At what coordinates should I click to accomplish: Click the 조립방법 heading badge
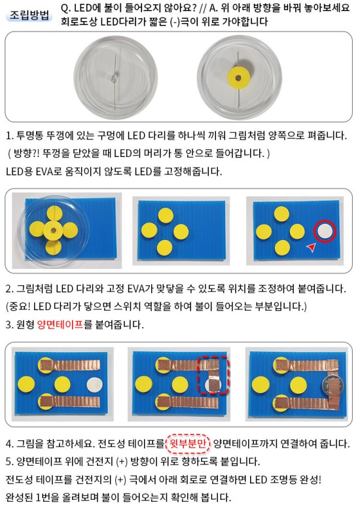29,15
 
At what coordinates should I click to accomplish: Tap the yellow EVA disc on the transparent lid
238,78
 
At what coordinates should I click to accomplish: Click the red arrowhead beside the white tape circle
311,248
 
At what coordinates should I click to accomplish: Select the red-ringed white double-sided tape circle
325,231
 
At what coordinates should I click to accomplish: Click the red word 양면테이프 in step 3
60,324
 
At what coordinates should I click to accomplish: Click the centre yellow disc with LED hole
54,230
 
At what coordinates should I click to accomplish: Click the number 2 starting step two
9,288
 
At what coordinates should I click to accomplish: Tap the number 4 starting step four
9,444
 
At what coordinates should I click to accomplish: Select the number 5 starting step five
9,461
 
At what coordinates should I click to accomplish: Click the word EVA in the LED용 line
44,171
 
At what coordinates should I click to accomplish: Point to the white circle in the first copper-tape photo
94,385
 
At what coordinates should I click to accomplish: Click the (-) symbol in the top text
175,22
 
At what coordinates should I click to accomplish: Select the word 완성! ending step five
310,479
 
